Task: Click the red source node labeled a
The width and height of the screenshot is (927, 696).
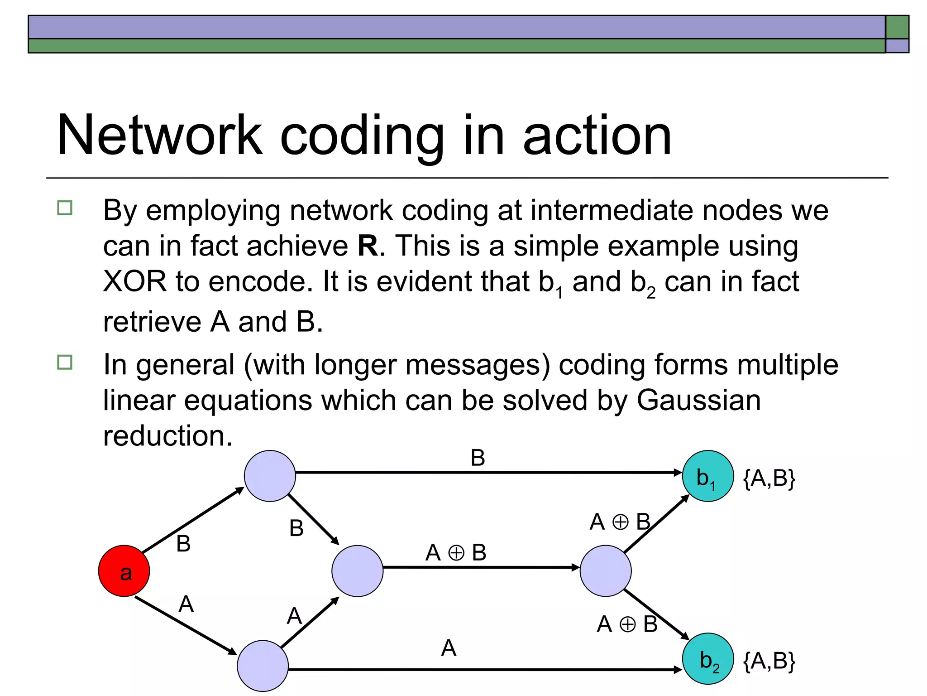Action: click(124, 571)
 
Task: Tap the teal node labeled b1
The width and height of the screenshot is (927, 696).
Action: click(707, 476)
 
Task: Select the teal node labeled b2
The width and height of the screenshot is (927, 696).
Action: click(707, 659)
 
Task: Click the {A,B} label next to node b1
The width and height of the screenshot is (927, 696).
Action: click(769, 478)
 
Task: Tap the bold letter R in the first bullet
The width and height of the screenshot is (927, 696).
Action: click(368, 246)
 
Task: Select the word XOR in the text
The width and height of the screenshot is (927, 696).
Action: click(135, 282)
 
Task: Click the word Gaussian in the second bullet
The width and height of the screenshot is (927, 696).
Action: click(698, 401)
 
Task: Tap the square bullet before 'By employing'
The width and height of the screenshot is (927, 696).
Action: click(65, 208)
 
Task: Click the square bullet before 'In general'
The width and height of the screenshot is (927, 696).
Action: click(65, 362)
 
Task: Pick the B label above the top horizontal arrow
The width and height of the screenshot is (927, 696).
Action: click(478, 458)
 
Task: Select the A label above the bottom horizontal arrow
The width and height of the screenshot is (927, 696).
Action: click(449, 648)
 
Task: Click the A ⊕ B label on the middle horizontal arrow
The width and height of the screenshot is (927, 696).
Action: click(456, 553)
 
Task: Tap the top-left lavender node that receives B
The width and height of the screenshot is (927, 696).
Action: click(270, 476)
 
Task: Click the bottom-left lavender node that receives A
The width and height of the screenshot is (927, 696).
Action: click(263, 666)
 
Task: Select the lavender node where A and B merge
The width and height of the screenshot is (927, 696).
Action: click(357, 571)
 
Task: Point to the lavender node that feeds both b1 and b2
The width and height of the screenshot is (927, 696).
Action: click(605, 571)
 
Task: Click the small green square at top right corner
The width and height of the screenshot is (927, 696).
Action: click(897, 27)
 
